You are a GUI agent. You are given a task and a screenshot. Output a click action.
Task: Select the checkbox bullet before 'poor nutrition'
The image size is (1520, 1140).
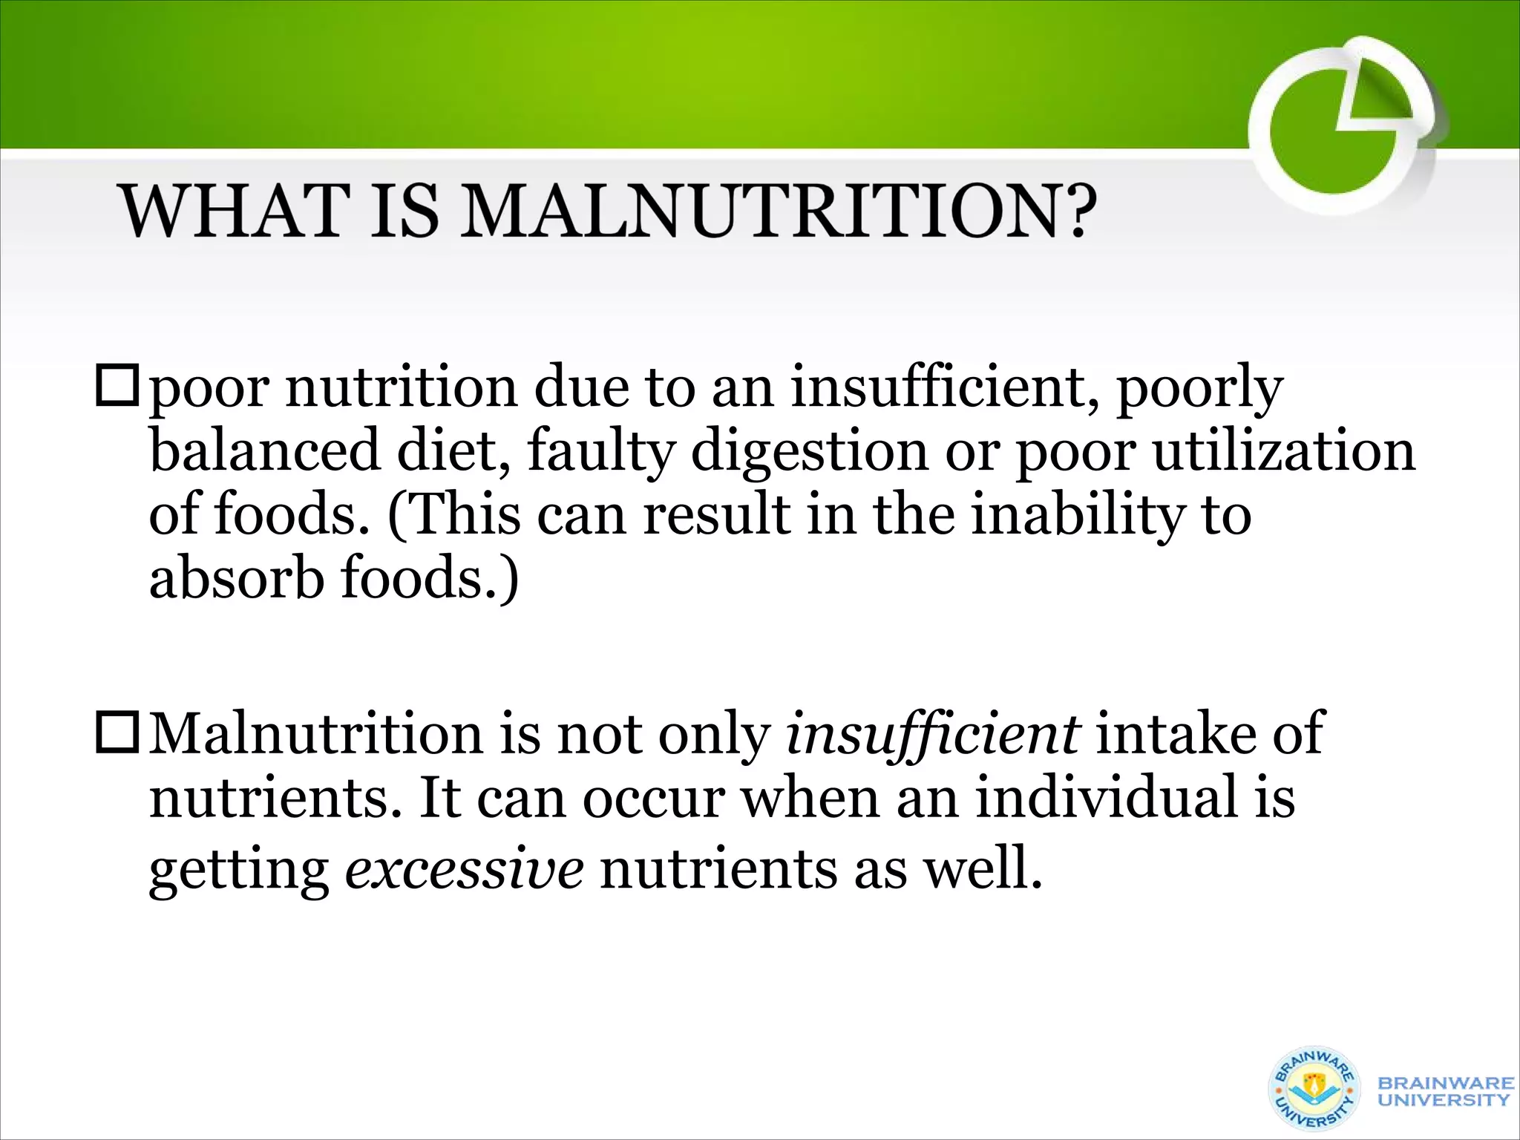tap(117, 387)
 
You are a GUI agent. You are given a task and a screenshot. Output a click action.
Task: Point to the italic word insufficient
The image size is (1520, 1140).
tap(932, 733)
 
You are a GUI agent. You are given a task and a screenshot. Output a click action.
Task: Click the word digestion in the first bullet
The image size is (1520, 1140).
tap(809, 451)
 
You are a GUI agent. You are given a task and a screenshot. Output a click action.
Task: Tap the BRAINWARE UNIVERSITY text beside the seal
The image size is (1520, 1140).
tap(1444, 1091)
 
